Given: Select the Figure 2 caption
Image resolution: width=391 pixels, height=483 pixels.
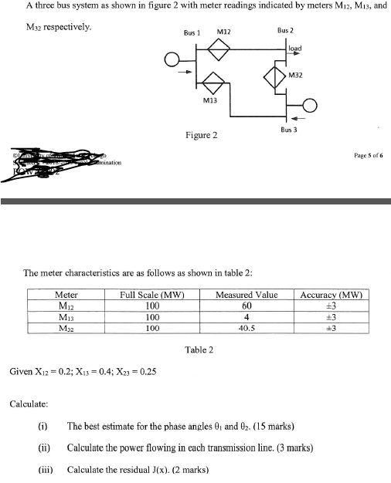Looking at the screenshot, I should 200,136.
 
